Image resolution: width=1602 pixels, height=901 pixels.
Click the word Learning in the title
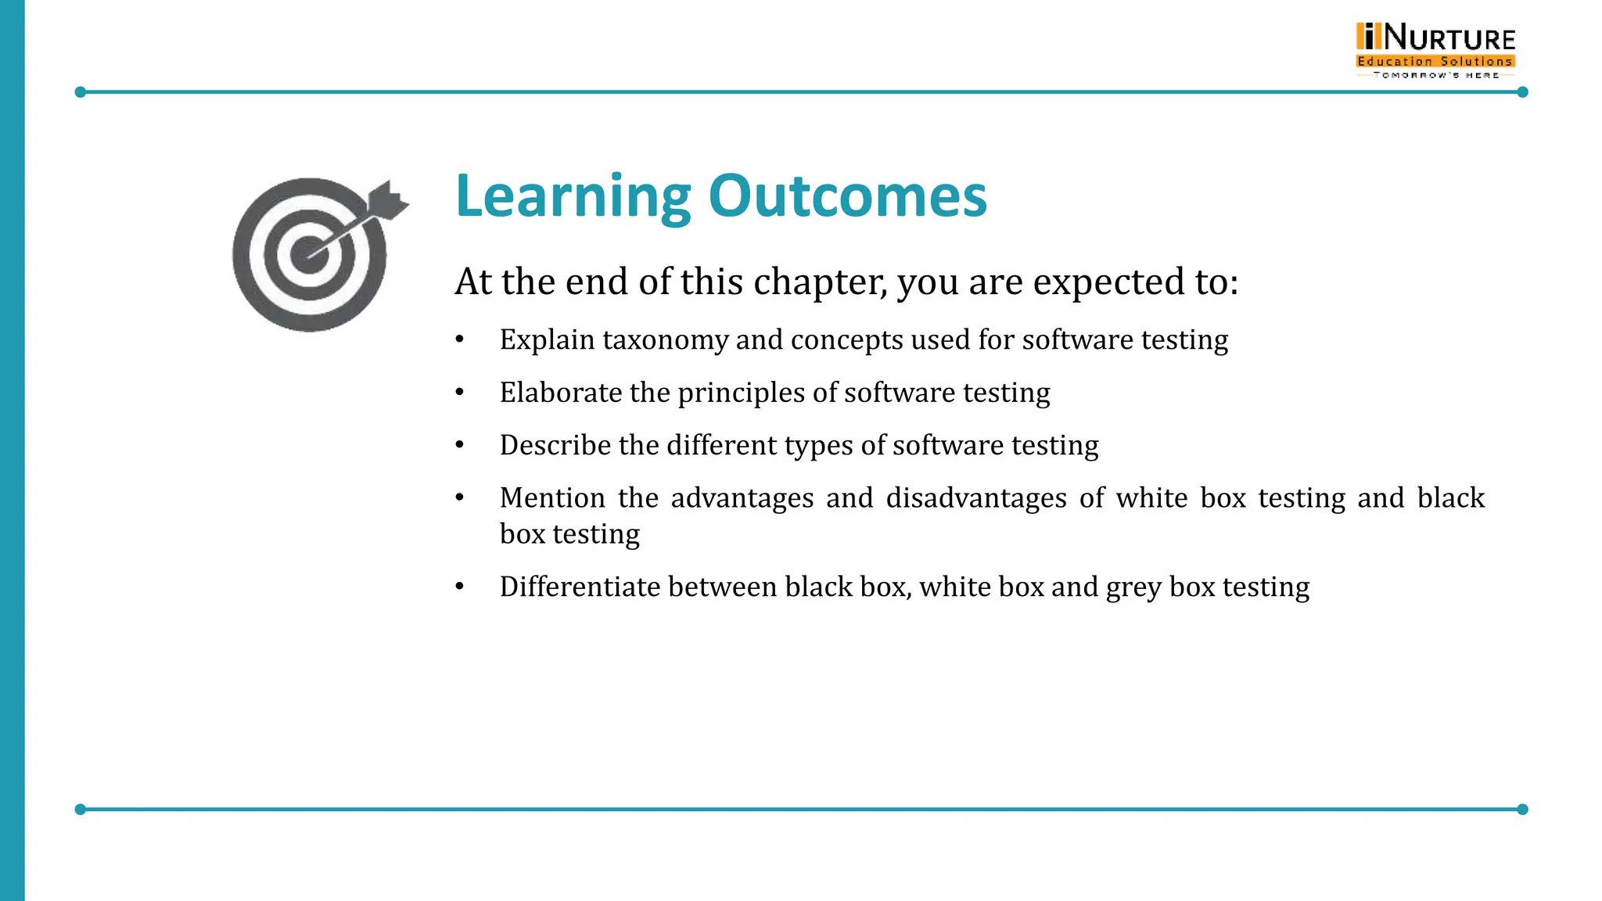pos(573,196)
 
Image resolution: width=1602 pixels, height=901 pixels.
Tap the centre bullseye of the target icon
pos(309,255)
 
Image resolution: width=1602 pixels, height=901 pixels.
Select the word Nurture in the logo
pos(1449,38)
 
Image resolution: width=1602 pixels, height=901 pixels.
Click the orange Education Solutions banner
pos(1435,61)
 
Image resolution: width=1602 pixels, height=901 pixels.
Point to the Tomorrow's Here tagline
pos(1435,75)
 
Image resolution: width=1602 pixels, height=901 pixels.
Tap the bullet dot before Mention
pos(460,497)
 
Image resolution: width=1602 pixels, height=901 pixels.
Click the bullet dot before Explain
pos(460,339)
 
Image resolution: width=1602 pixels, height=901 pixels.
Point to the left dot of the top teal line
pos(80,92)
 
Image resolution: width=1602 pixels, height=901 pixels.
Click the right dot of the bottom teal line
pos(1522,809)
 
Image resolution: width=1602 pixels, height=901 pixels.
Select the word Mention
pos(552,498)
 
